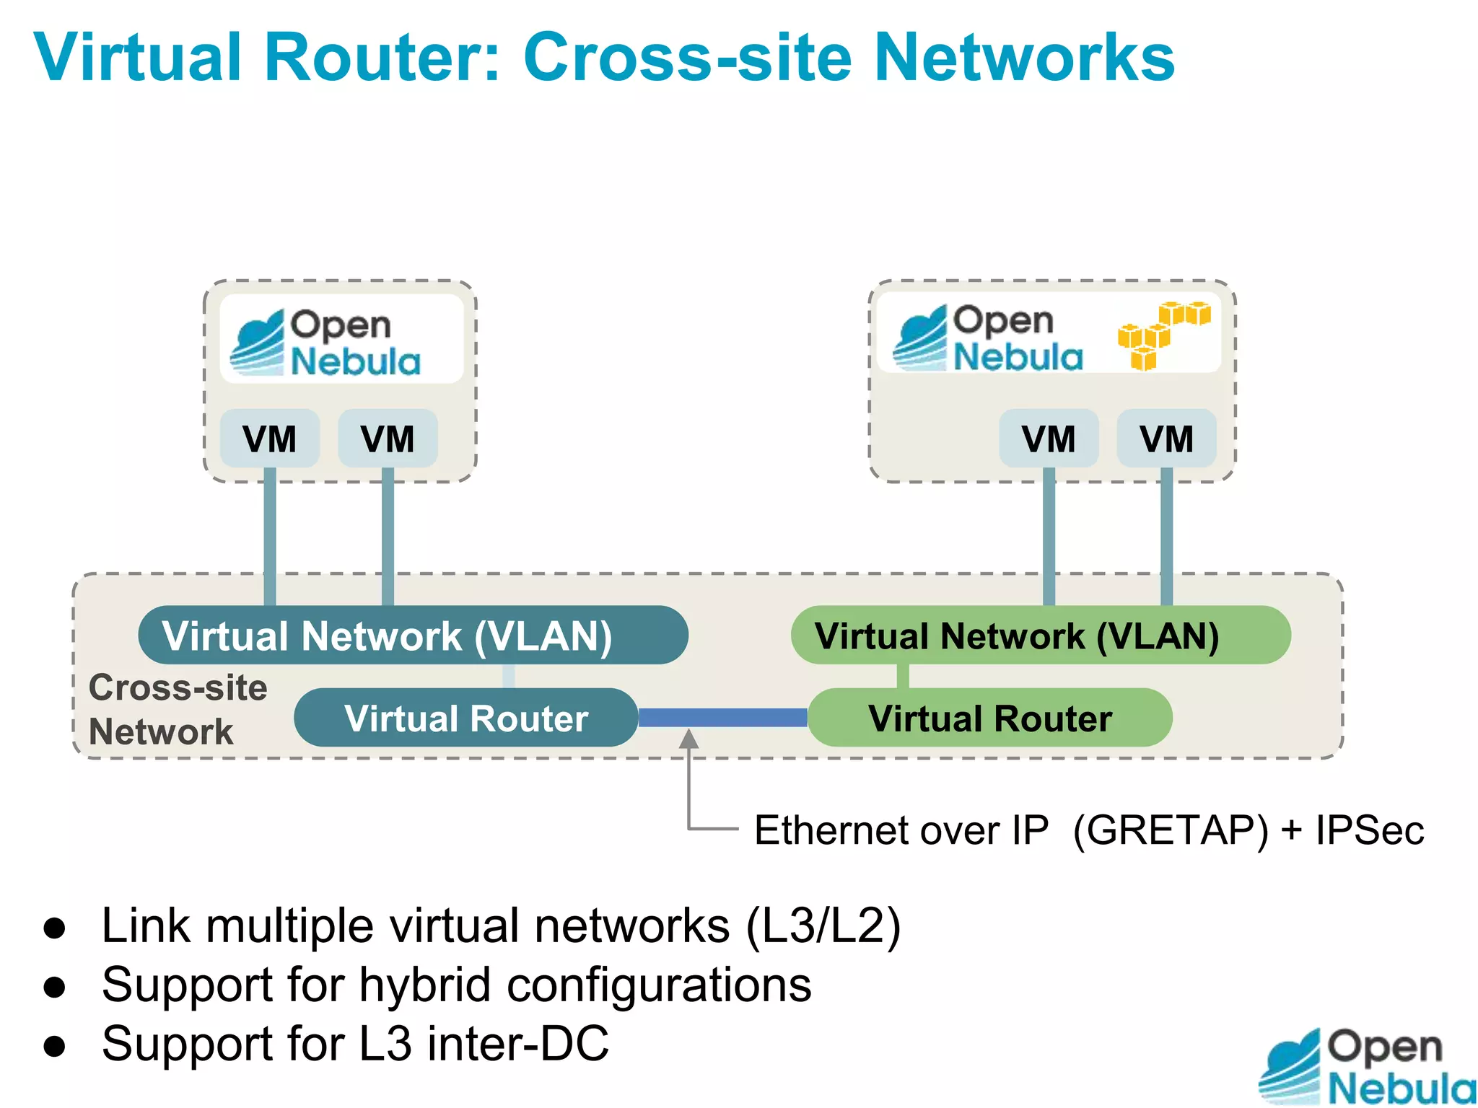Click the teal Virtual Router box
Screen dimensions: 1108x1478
coord(465,718)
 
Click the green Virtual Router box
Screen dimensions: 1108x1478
coord(989,718)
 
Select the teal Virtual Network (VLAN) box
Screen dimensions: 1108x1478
coord(413,636)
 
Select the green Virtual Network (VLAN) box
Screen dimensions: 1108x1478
coord(1040,636)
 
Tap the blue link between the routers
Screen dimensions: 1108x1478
coord(722,717)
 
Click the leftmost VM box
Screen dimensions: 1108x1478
coord(269,439)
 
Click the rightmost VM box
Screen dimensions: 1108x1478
coord(1166,439)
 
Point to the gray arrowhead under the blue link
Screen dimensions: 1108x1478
coord(689,739)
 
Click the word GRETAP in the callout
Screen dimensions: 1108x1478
coord(1170,830)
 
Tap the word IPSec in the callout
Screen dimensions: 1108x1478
coord(1369,830)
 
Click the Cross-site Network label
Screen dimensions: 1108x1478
coord(177,709)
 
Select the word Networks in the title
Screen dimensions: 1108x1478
coord(1024,57)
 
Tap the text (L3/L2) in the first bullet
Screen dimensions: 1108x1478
coord(823,925)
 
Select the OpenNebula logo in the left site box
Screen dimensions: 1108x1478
coord(326,343)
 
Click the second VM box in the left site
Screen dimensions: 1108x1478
coord(388,439)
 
